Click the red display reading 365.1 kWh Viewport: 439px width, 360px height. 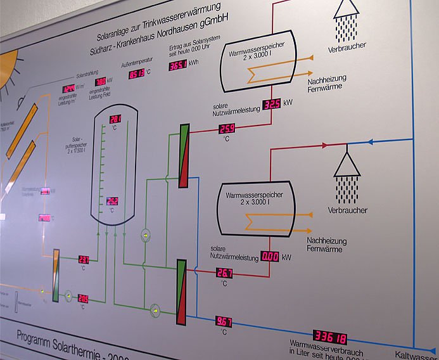[x=177, y=66]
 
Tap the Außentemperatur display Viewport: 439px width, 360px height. [x=136, y=73]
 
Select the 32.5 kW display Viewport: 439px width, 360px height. [x=271, y=104]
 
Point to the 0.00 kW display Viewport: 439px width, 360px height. [x=270, y=257]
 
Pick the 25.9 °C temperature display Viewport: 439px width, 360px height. [x=227, y=129]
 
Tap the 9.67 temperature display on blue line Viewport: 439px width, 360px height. [x=224, y=321]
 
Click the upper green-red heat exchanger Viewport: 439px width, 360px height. [x=184, y=155]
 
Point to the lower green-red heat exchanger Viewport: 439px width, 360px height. [x=182, y=286]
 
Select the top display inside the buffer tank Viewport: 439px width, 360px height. [x=115, y=119]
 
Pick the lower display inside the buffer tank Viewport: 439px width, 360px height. [x=113, y=201]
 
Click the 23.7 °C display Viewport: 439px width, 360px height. [x=84, y=259]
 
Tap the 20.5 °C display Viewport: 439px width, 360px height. [x=84, y=298]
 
